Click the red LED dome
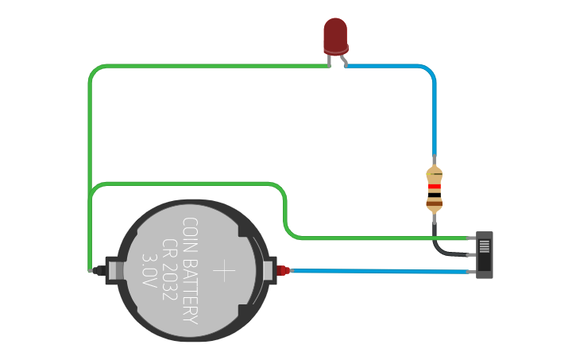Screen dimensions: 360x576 tap(335, 35)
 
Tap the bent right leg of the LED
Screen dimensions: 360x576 tap(343, 60)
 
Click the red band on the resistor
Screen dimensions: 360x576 tap(434, 188)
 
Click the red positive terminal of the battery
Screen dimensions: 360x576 tap(283, 271)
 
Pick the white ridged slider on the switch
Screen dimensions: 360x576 tap(484, 246)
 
